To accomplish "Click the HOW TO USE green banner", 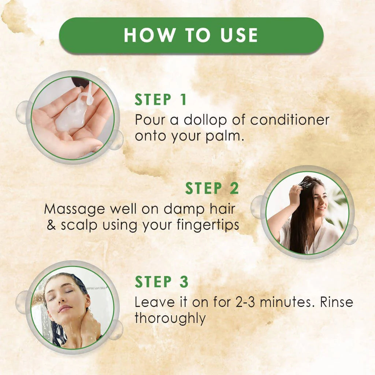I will point(191,36).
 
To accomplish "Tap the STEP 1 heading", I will point(161,100).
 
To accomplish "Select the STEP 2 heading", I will point(212,188).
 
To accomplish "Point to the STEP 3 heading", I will point(161,282).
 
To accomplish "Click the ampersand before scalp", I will point(52,225).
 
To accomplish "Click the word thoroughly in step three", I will point(170,318).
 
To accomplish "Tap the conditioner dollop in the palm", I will point(73,117).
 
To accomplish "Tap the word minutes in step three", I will point(287,302).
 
